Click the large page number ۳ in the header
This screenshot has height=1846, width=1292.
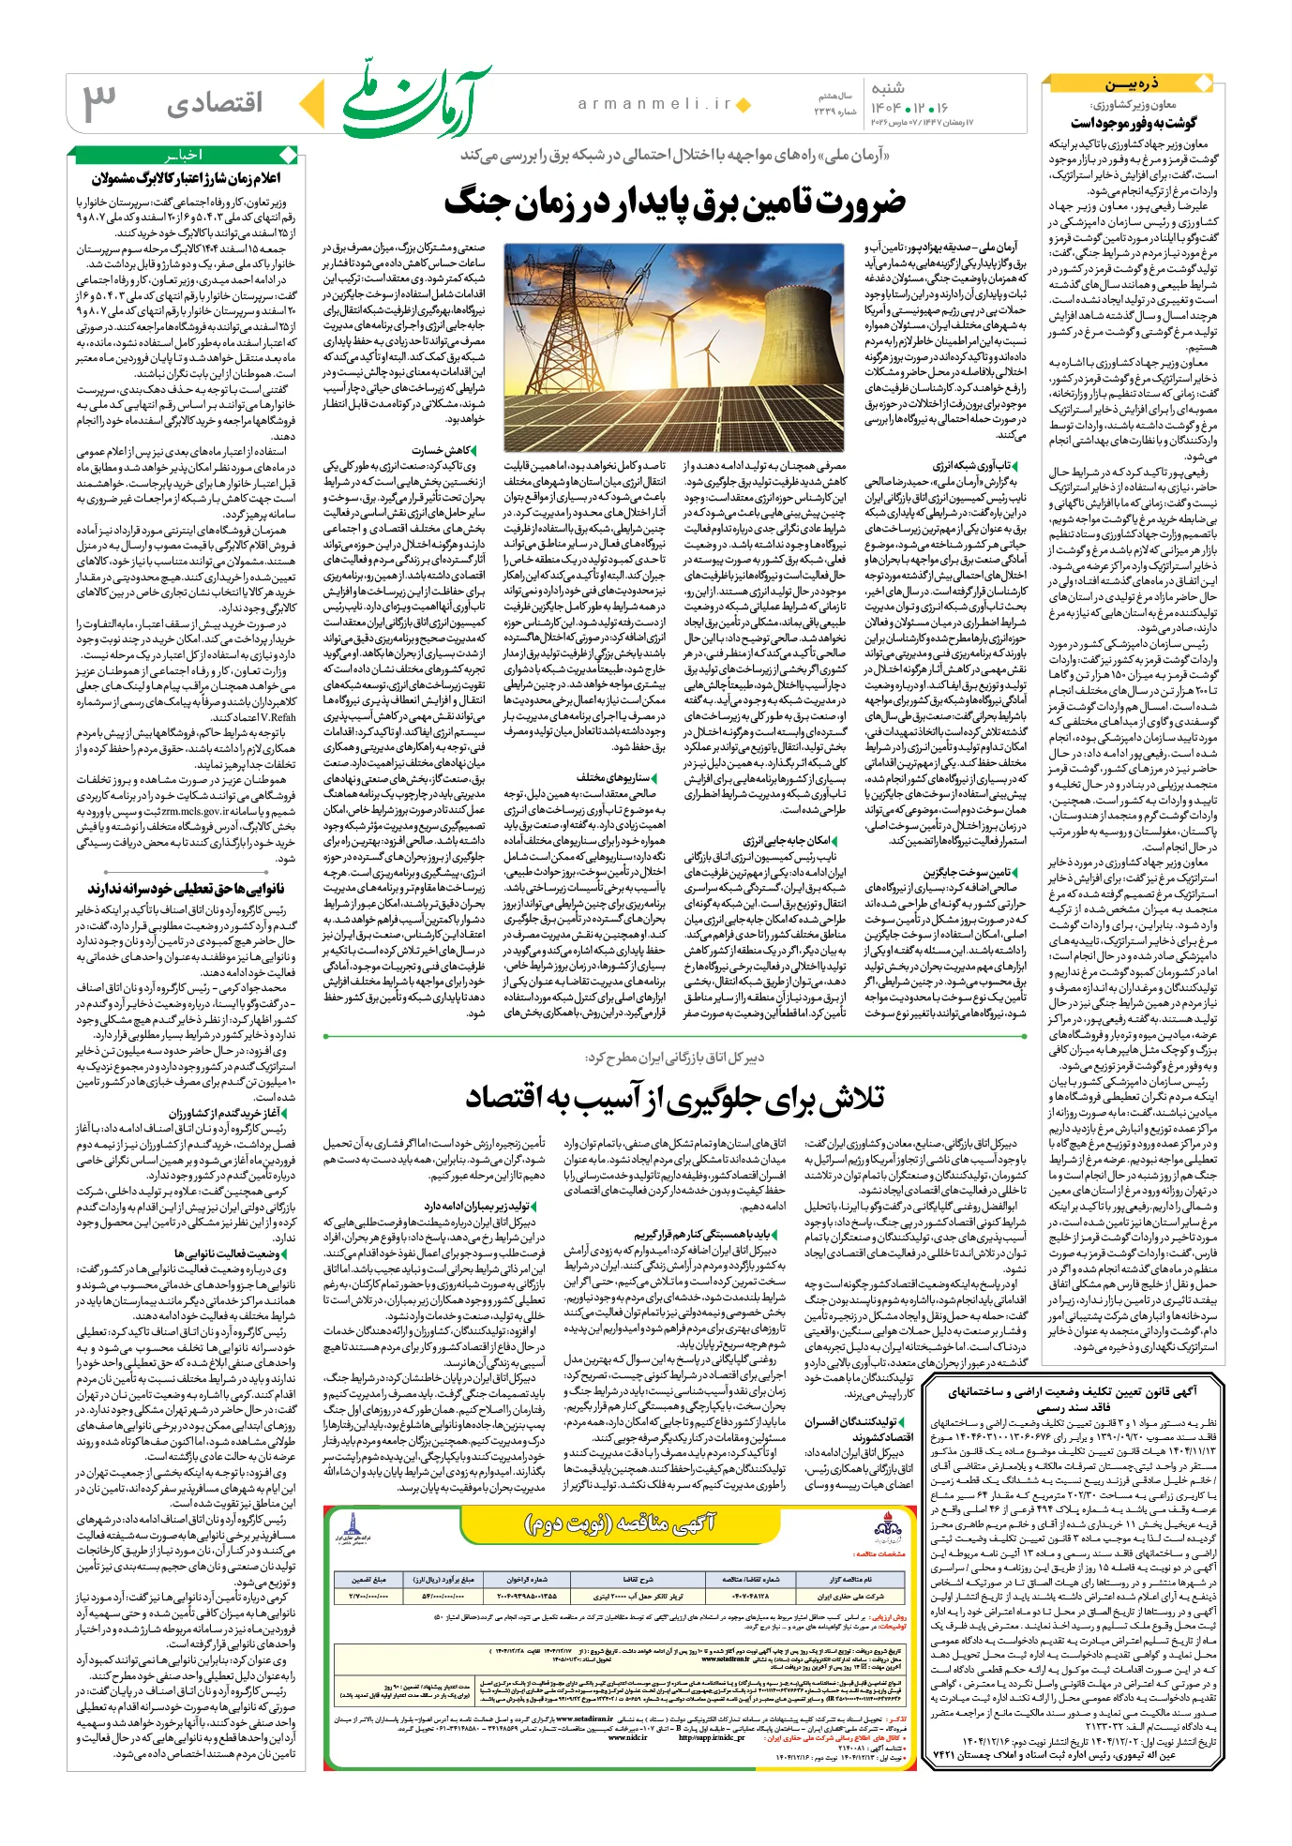point(100,102)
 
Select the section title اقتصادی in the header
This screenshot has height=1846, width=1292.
point(214,103)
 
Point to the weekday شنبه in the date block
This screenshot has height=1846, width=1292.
point(888,88)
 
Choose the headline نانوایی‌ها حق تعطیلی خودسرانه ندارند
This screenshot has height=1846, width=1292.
point(187,888)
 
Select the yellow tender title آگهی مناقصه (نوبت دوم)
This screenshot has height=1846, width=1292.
point(619,1523)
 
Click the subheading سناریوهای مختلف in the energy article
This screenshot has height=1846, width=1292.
point(613,777)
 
